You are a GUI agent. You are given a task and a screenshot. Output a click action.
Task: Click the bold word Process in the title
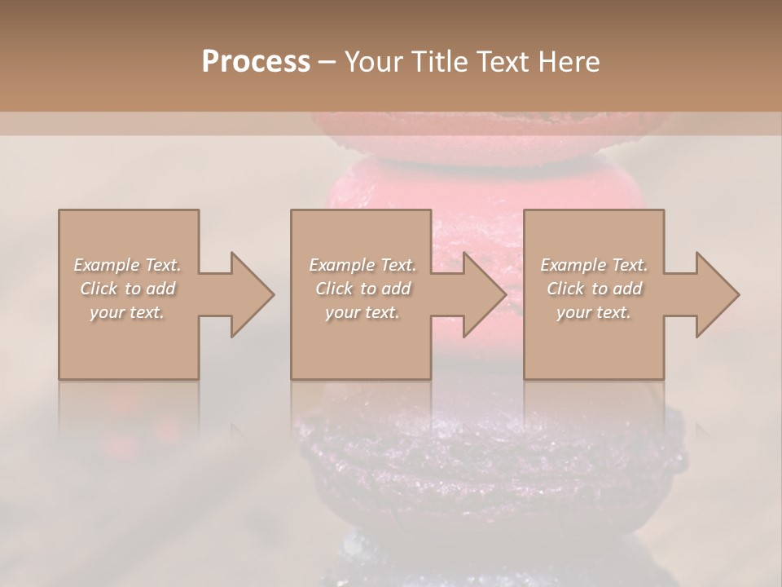coord(256,61)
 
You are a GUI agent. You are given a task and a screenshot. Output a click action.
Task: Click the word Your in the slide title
coord(371,61)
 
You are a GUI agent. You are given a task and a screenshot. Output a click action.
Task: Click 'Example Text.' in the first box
coord(128,265)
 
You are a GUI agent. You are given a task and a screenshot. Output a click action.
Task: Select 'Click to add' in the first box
coord(128,289)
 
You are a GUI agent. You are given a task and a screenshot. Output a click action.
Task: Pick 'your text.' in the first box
coord(128,312)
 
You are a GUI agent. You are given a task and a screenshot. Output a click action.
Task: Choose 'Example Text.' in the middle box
coord(362,265)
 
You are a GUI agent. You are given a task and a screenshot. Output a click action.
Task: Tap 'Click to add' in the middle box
coord(362,289)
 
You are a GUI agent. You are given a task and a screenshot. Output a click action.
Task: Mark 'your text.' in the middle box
coord(362,312)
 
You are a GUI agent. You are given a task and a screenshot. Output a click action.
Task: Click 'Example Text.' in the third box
coord(594,265)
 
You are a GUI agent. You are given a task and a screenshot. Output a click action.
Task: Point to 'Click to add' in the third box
coord(594,289)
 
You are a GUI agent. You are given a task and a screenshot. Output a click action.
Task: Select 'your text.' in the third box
coord(594,312)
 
